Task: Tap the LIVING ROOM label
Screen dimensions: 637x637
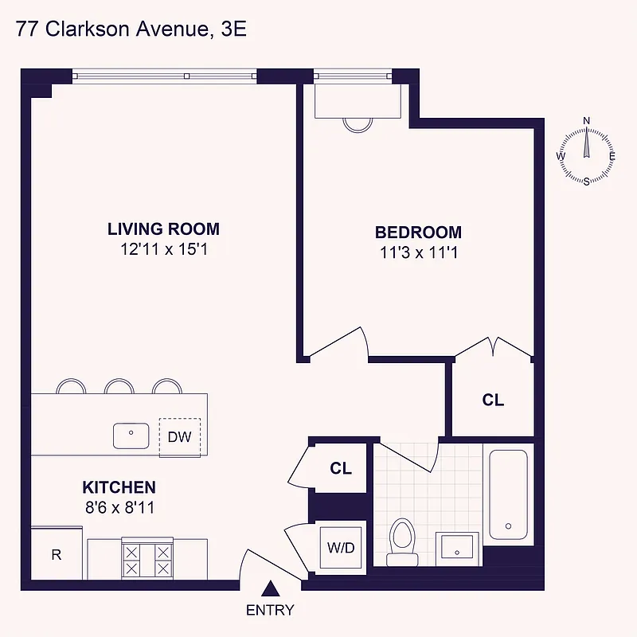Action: coord(163,229)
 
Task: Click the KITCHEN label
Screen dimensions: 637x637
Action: coord(119,487)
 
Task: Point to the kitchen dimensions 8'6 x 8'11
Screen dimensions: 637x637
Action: coord(119,506)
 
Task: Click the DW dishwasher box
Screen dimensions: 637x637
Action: coord(179,437)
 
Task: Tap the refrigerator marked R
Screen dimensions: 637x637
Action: coord(57,554)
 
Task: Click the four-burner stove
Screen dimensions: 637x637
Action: coord(147,559)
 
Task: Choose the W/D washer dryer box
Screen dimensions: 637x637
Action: coord(342,547)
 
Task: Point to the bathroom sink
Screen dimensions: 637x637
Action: coord(458,548)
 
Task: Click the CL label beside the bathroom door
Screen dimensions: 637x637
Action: coord(341,469)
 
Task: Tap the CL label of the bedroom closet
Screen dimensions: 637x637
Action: coord(493,401)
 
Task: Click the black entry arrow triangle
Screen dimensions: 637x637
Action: coord(271,589)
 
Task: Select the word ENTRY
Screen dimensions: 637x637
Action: coord(270,611)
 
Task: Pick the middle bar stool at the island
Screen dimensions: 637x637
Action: coord(119,385)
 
